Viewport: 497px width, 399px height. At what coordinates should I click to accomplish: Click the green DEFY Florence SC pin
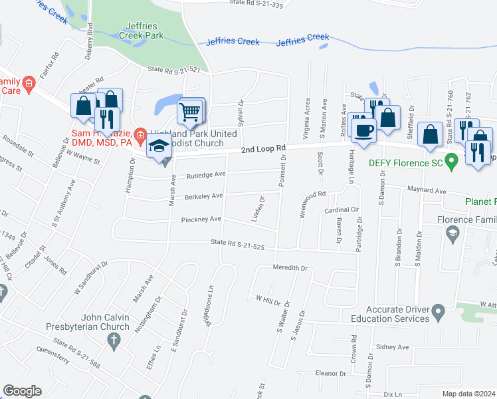[452, 161]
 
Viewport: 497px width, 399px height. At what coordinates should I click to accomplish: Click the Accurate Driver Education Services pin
[437, 311]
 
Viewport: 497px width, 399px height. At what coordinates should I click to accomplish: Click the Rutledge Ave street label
[206, 175]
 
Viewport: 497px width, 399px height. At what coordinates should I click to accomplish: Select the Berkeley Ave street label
[204, 196]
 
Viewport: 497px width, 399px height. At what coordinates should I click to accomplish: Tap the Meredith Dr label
[290, 268]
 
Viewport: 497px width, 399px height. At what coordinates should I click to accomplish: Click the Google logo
[22, 391]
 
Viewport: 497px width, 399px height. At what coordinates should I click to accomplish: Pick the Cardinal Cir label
[342, 209]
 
